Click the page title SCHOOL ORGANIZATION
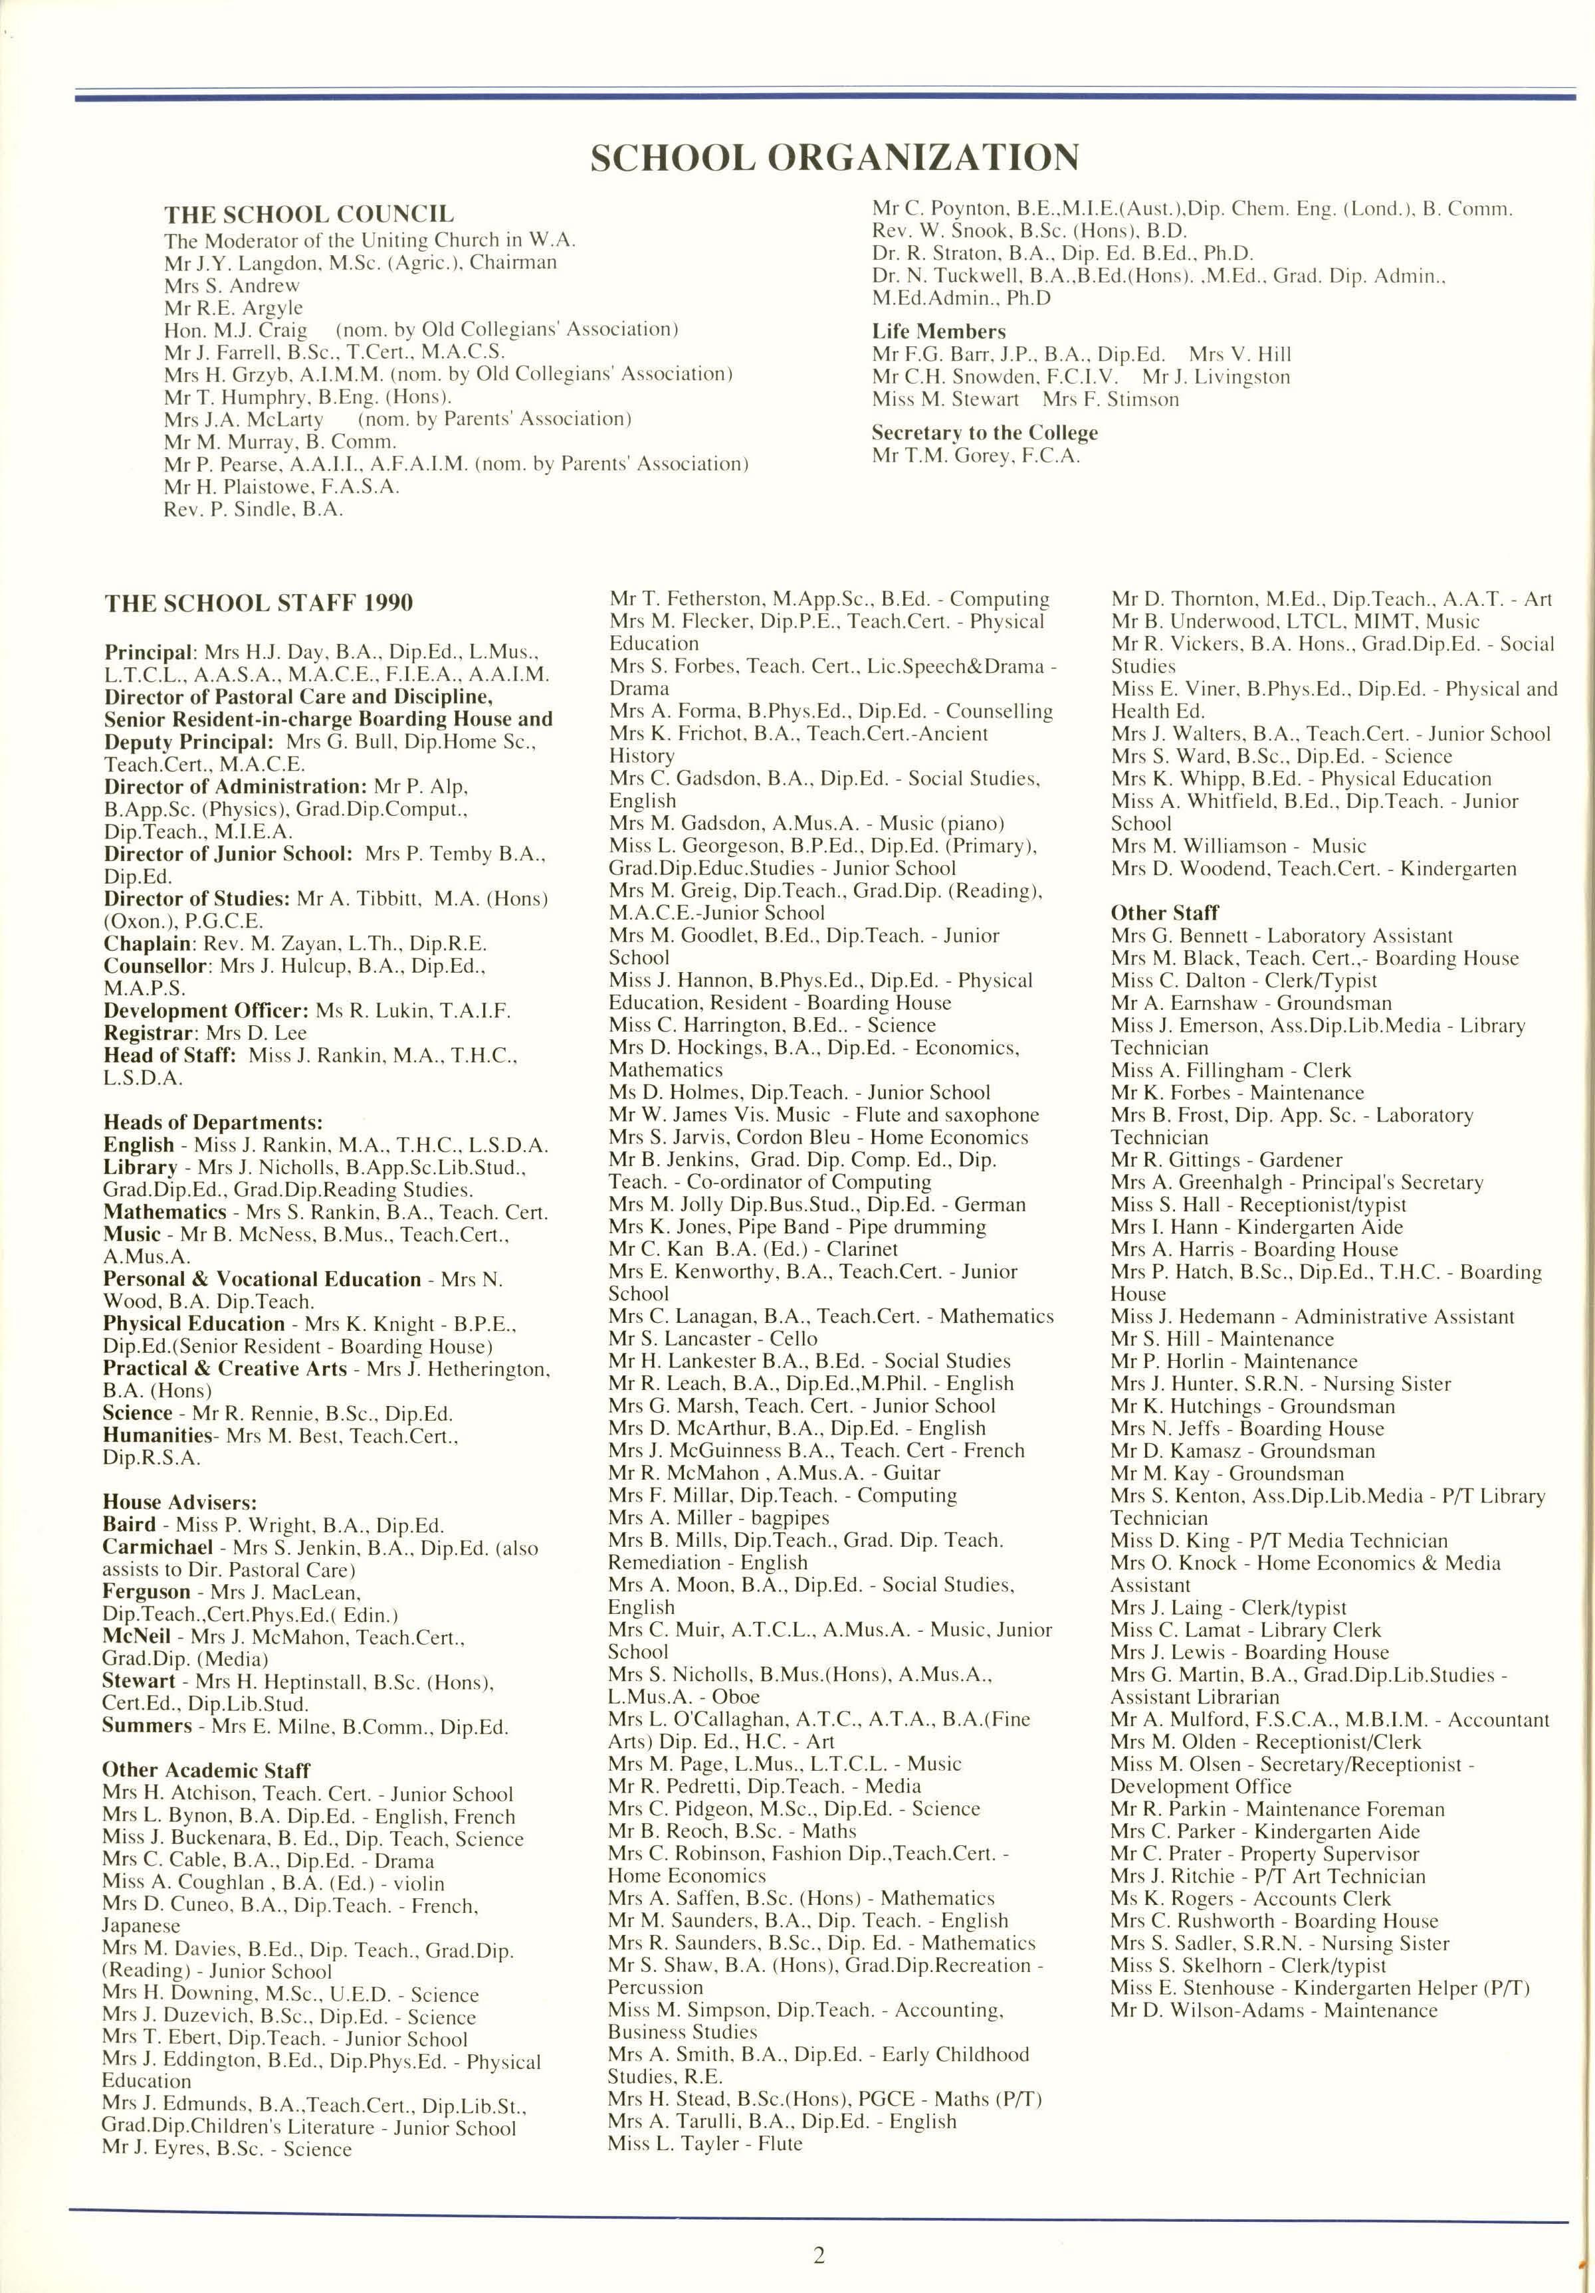[x=834, y=157]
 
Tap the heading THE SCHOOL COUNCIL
[x=308, y=215]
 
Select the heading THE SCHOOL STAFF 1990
[x=258, y=603]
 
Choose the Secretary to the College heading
[x=984, y=433]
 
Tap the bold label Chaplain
[x=150, y=944]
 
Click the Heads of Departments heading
[x=212, y=1122]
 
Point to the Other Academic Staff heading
[x=206, y=1771]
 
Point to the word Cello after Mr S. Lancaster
[x=794, y=1338]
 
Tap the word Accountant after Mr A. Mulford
[x=1498, y=1720]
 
